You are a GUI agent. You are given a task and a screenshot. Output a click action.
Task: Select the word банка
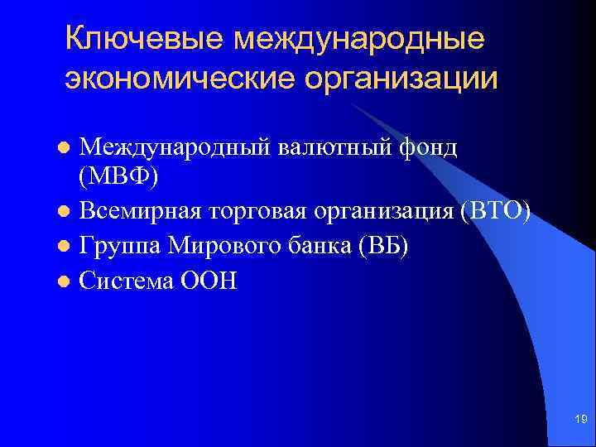[x=307, y=247]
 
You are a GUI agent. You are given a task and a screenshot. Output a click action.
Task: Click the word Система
[x=125, y=281]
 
